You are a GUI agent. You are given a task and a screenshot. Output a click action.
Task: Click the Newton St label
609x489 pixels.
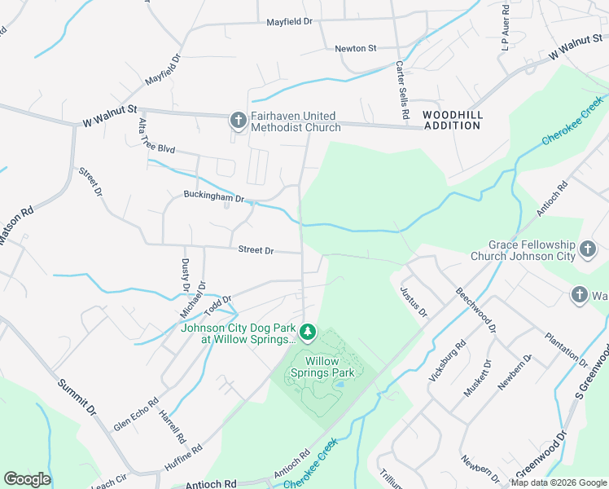click(x=355, y=49)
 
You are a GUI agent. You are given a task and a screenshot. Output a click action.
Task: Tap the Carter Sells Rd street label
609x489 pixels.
click(x=401, y=90)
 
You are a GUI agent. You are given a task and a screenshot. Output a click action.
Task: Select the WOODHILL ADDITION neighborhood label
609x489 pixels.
click(x=452, y=120)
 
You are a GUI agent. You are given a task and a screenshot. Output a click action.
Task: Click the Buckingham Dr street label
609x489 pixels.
click(x=214, y=197)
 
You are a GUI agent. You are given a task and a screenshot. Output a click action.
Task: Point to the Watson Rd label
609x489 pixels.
click(x=16, y=228)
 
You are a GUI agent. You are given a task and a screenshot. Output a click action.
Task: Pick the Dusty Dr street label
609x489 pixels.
click(x=186, y=275)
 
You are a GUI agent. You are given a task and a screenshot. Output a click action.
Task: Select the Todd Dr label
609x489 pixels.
click(x=218, y=306)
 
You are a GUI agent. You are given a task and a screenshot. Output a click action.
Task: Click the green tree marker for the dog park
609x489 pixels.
click(x=308, y=331)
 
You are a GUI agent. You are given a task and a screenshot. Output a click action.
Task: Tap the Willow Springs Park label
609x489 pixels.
click(x=329, y=366)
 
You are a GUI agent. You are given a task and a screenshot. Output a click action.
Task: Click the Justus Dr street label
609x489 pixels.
click(x=413, y=300)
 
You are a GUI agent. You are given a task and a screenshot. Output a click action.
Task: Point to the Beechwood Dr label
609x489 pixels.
click(x=475, y=310)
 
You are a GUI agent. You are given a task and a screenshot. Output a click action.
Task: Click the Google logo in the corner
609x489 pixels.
click(x=27, y=479)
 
